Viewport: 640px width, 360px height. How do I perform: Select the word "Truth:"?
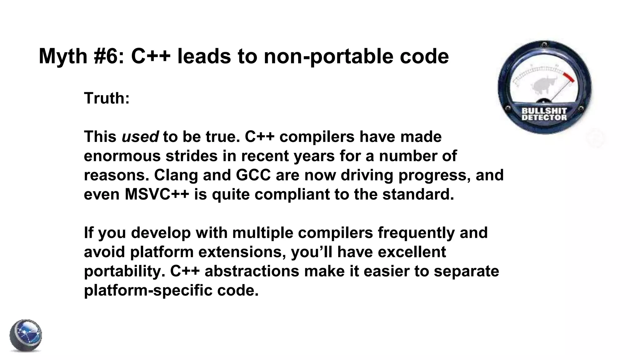coord(107,98)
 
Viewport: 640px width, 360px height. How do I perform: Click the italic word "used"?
coord(140,137)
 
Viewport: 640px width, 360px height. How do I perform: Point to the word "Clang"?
coord(176,175)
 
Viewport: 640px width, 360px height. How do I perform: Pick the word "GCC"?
coord(253,175)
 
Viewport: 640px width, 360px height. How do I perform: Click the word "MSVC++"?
coord(157,194)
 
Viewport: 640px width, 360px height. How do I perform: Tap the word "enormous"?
coord(122,156)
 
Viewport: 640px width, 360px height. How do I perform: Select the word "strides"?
coord(191,156)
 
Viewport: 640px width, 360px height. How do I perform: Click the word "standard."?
coord(418,194)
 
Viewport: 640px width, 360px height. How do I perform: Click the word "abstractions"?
coord(252,271)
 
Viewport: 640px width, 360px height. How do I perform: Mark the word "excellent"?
coord(412,252)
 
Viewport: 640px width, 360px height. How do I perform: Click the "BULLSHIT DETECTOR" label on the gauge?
coord(544,114)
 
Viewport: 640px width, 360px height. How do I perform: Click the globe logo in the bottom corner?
coord(26,336)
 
